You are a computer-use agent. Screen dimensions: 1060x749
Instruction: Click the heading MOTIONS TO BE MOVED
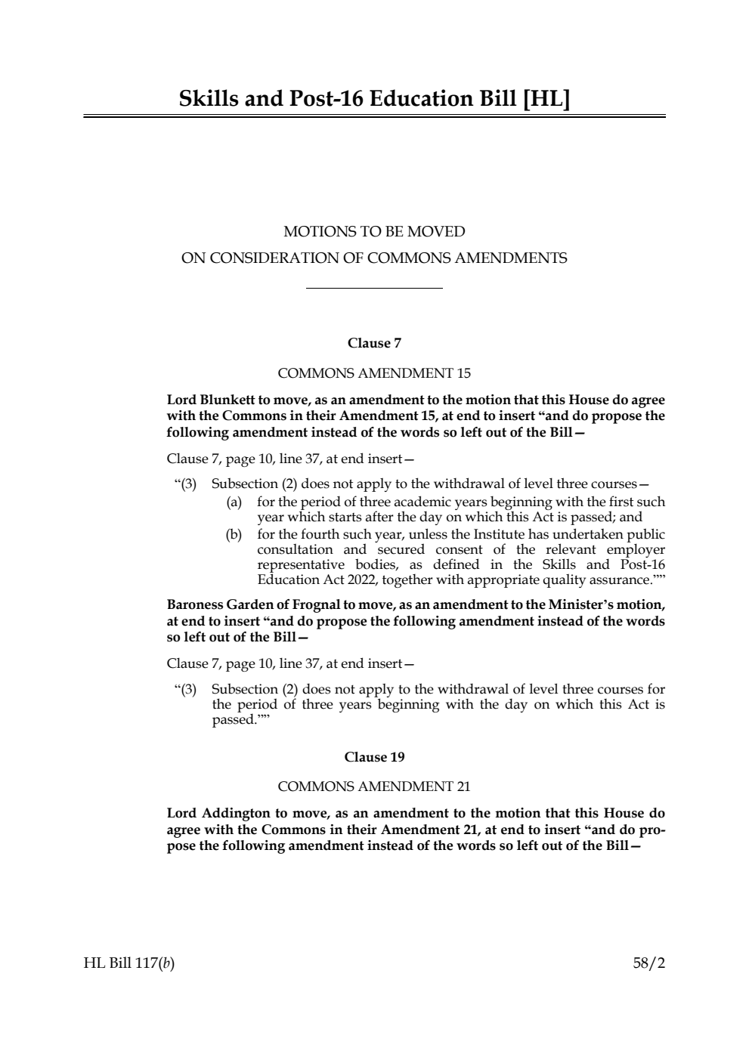tap(374, 231)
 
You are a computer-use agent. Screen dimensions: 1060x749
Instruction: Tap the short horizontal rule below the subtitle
tap(374, 288)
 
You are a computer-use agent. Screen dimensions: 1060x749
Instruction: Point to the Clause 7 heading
tap(374, 343)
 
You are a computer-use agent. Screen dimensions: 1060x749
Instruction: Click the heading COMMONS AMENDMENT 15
tap(374, 373)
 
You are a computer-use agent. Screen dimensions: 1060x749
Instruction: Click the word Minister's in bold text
tap(562, 605)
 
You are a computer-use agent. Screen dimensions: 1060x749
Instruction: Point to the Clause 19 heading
tap(374, 757)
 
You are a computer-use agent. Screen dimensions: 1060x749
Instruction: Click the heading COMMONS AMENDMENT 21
tap(374, 787)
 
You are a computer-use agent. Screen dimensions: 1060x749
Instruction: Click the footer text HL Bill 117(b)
tap(129, 963)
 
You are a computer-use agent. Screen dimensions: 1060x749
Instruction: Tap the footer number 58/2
tap(649, 963)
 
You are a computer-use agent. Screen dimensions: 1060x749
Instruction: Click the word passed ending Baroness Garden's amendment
tap(234, 720)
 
